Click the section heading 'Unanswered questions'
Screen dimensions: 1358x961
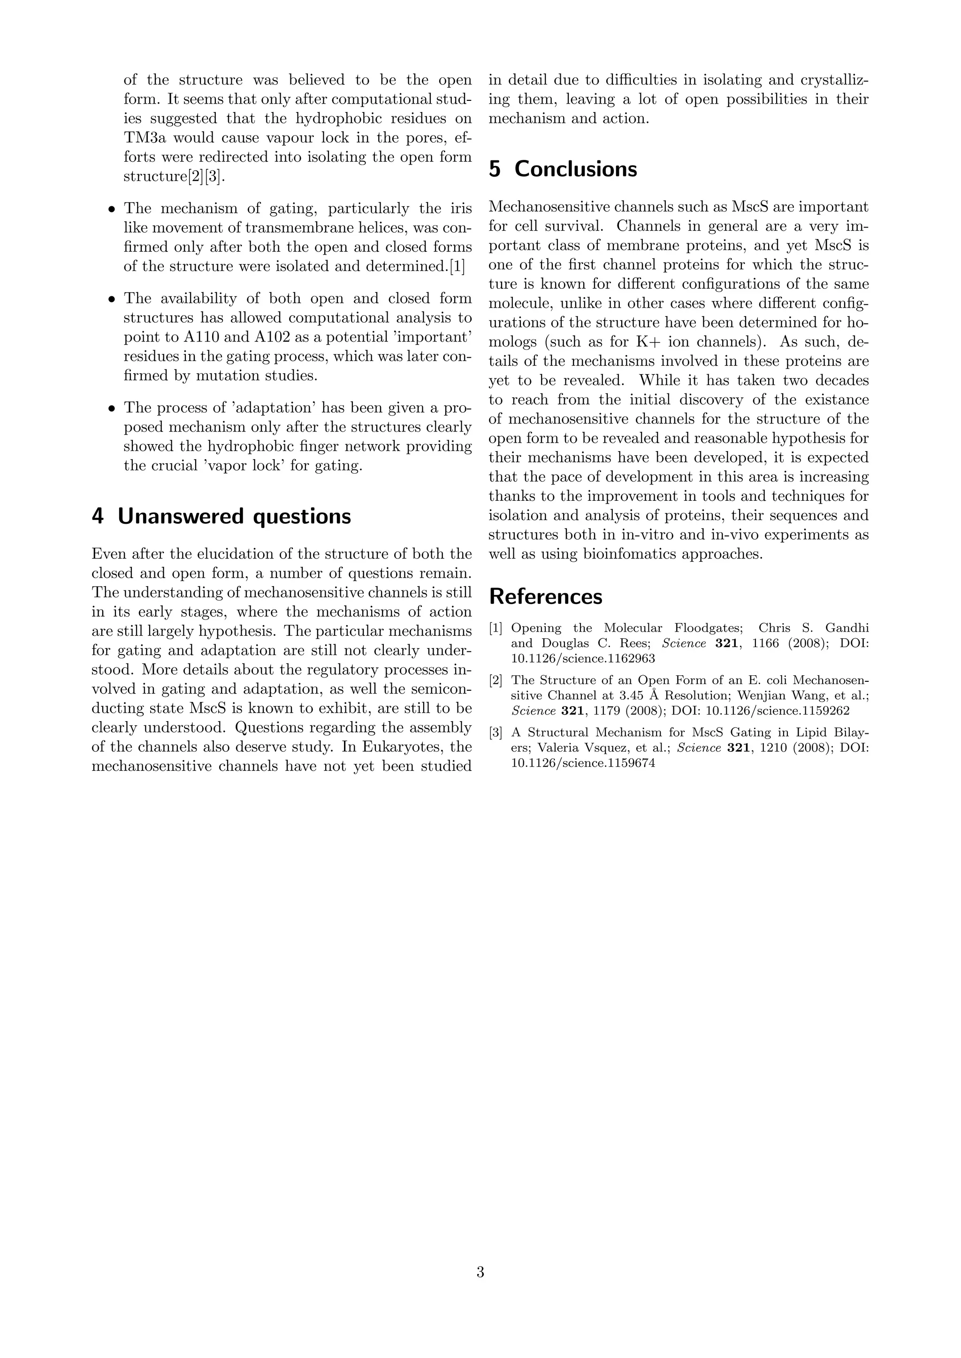tap(234, 516)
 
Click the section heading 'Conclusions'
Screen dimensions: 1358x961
tap(575, 169)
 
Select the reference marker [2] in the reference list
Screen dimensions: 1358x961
tap(496, 680)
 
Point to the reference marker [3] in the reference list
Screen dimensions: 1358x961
tap(496, 733)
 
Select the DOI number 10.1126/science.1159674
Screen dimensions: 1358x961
tap(583, 763)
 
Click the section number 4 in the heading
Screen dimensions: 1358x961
tap(98, 516)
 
